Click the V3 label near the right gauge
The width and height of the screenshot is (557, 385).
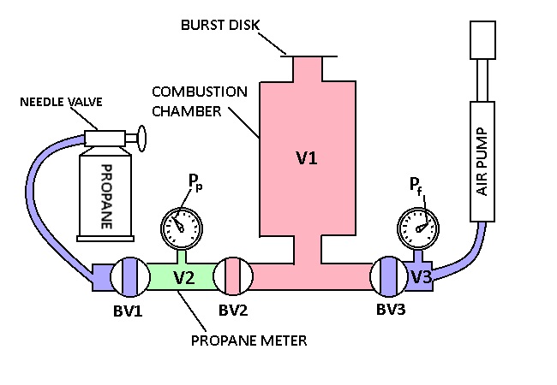(420, 276)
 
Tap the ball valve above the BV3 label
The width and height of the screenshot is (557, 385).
(388, 276)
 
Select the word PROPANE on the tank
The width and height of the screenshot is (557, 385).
(106, 196)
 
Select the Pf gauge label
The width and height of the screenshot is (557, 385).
(417, 187)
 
